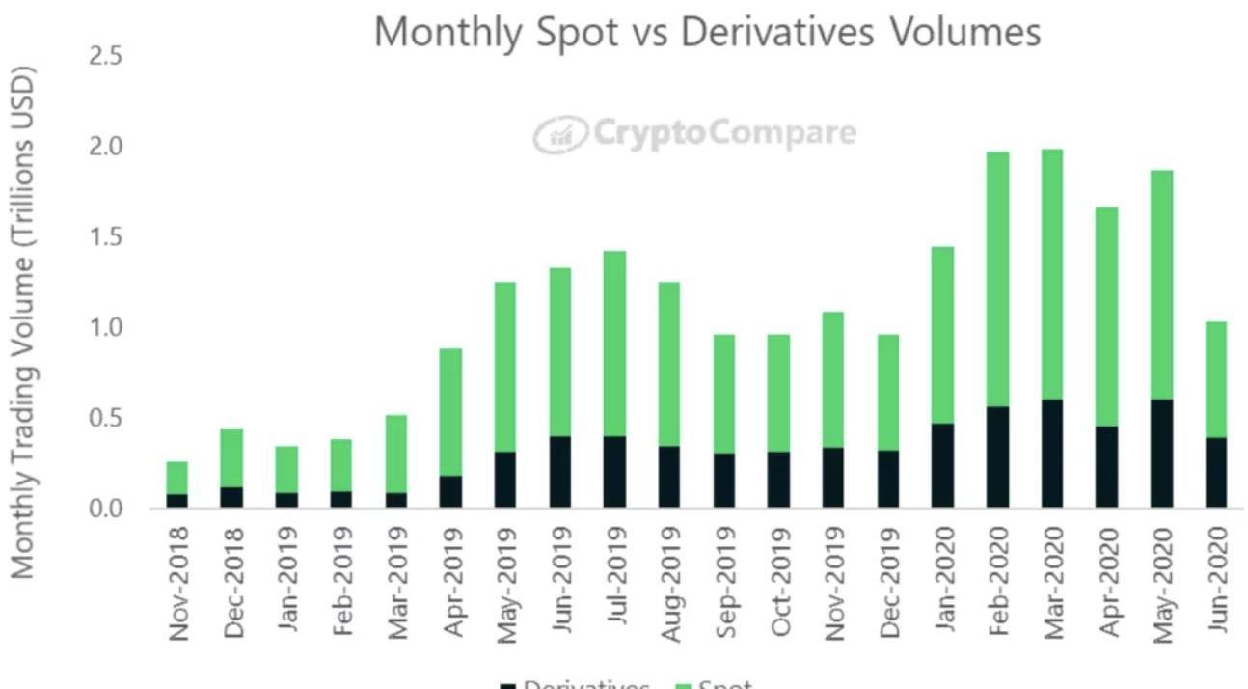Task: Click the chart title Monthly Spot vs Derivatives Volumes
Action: [707, 32]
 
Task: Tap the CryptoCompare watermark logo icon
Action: [560, 133]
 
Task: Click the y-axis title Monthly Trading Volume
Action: [24, 323]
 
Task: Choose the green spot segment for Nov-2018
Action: [176, 478]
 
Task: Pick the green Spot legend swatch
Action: [683, 685]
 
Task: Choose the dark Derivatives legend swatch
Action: [508, 685]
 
